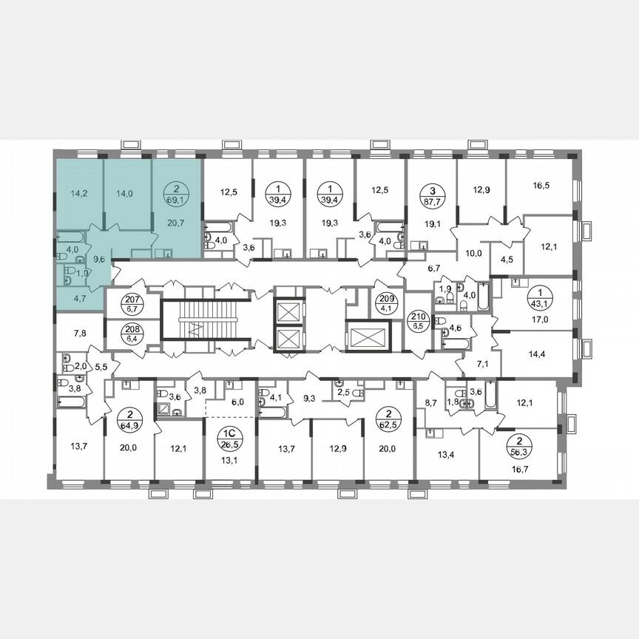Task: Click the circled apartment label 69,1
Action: coord(177,194)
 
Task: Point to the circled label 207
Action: coord(133,302)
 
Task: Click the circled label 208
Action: coord(133,331)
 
